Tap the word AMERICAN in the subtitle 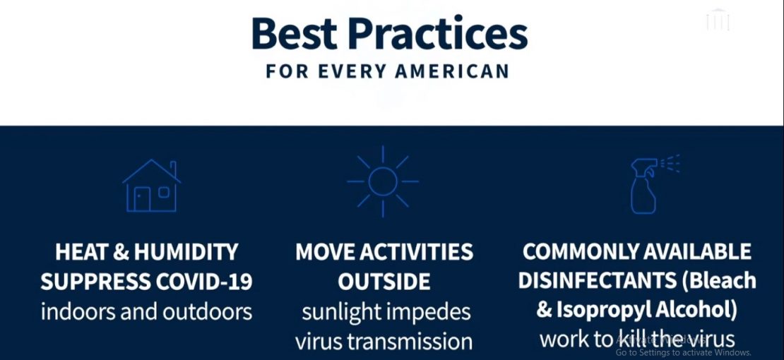pos(452,71)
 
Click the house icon pos(151,186)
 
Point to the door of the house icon pos(142,199)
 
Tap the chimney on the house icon pos(173,167)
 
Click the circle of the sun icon pos(383,181)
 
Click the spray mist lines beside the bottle pos(671,164)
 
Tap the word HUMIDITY pos(186,252)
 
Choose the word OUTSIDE pos(384,282)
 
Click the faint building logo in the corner pos(718,20)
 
